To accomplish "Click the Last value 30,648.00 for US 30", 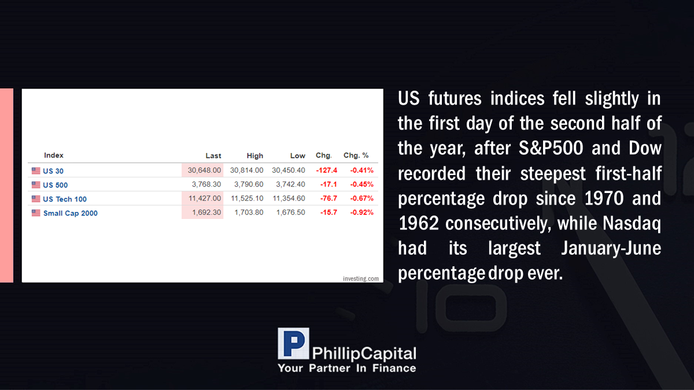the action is click(204, 170).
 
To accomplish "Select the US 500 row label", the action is click(55, 185).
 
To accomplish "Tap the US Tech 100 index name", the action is click(65, 199).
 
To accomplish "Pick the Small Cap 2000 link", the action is click(71, 213).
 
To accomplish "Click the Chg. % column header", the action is click(356, 155).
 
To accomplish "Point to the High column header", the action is click(254, 155).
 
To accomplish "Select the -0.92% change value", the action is click(362, 213).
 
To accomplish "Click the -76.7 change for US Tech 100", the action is click(328, 198).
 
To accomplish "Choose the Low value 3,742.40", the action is click(290, 184).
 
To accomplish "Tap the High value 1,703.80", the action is click(249, 213).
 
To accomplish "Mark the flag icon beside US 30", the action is click(36, 170).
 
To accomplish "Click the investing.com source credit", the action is click(361, 278).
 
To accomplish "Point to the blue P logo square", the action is click(293, 344).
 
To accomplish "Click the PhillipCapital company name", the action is click(364, 354).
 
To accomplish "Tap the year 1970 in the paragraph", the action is click(604, 198).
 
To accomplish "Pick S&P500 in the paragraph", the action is click(551, 148).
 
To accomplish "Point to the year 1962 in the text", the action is click(419, 223).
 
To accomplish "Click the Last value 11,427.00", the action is click(205, 198).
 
